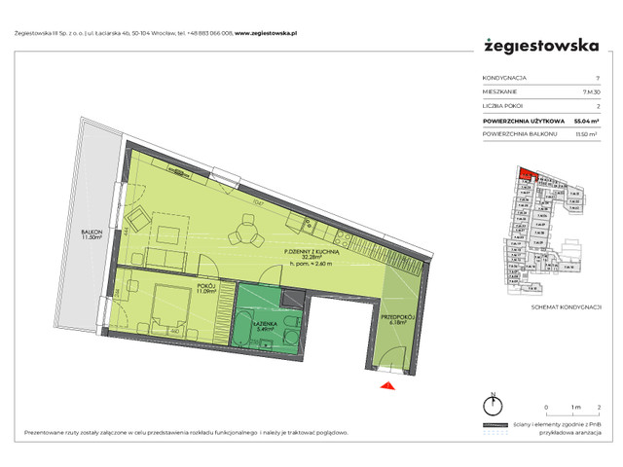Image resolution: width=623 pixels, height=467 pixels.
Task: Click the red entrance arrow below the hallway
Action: click(387, 387)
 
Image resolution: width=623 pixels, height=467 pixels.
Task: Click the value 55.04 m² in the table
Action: click(583, 121)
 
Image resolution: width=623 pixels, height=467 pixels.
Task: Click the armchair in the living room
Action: click(138, 217)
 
